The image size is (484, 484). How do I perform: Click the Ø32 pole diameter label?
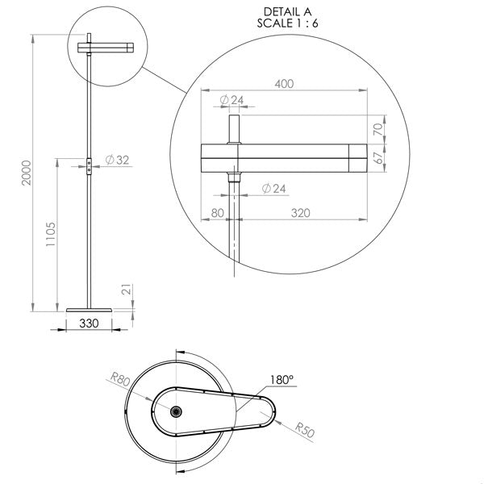(117, 161)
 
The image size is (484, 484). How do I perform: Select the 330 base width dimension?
(89, 323)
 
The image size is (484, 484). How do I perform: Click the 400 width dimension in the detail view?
(284, 83)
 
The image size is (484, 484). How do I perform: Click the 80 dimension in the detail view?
(216, 213)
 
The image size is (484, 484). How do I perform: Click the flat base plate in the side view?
(89, 308)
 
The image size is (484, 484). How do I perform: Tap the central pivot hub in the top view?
(174, 410)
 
